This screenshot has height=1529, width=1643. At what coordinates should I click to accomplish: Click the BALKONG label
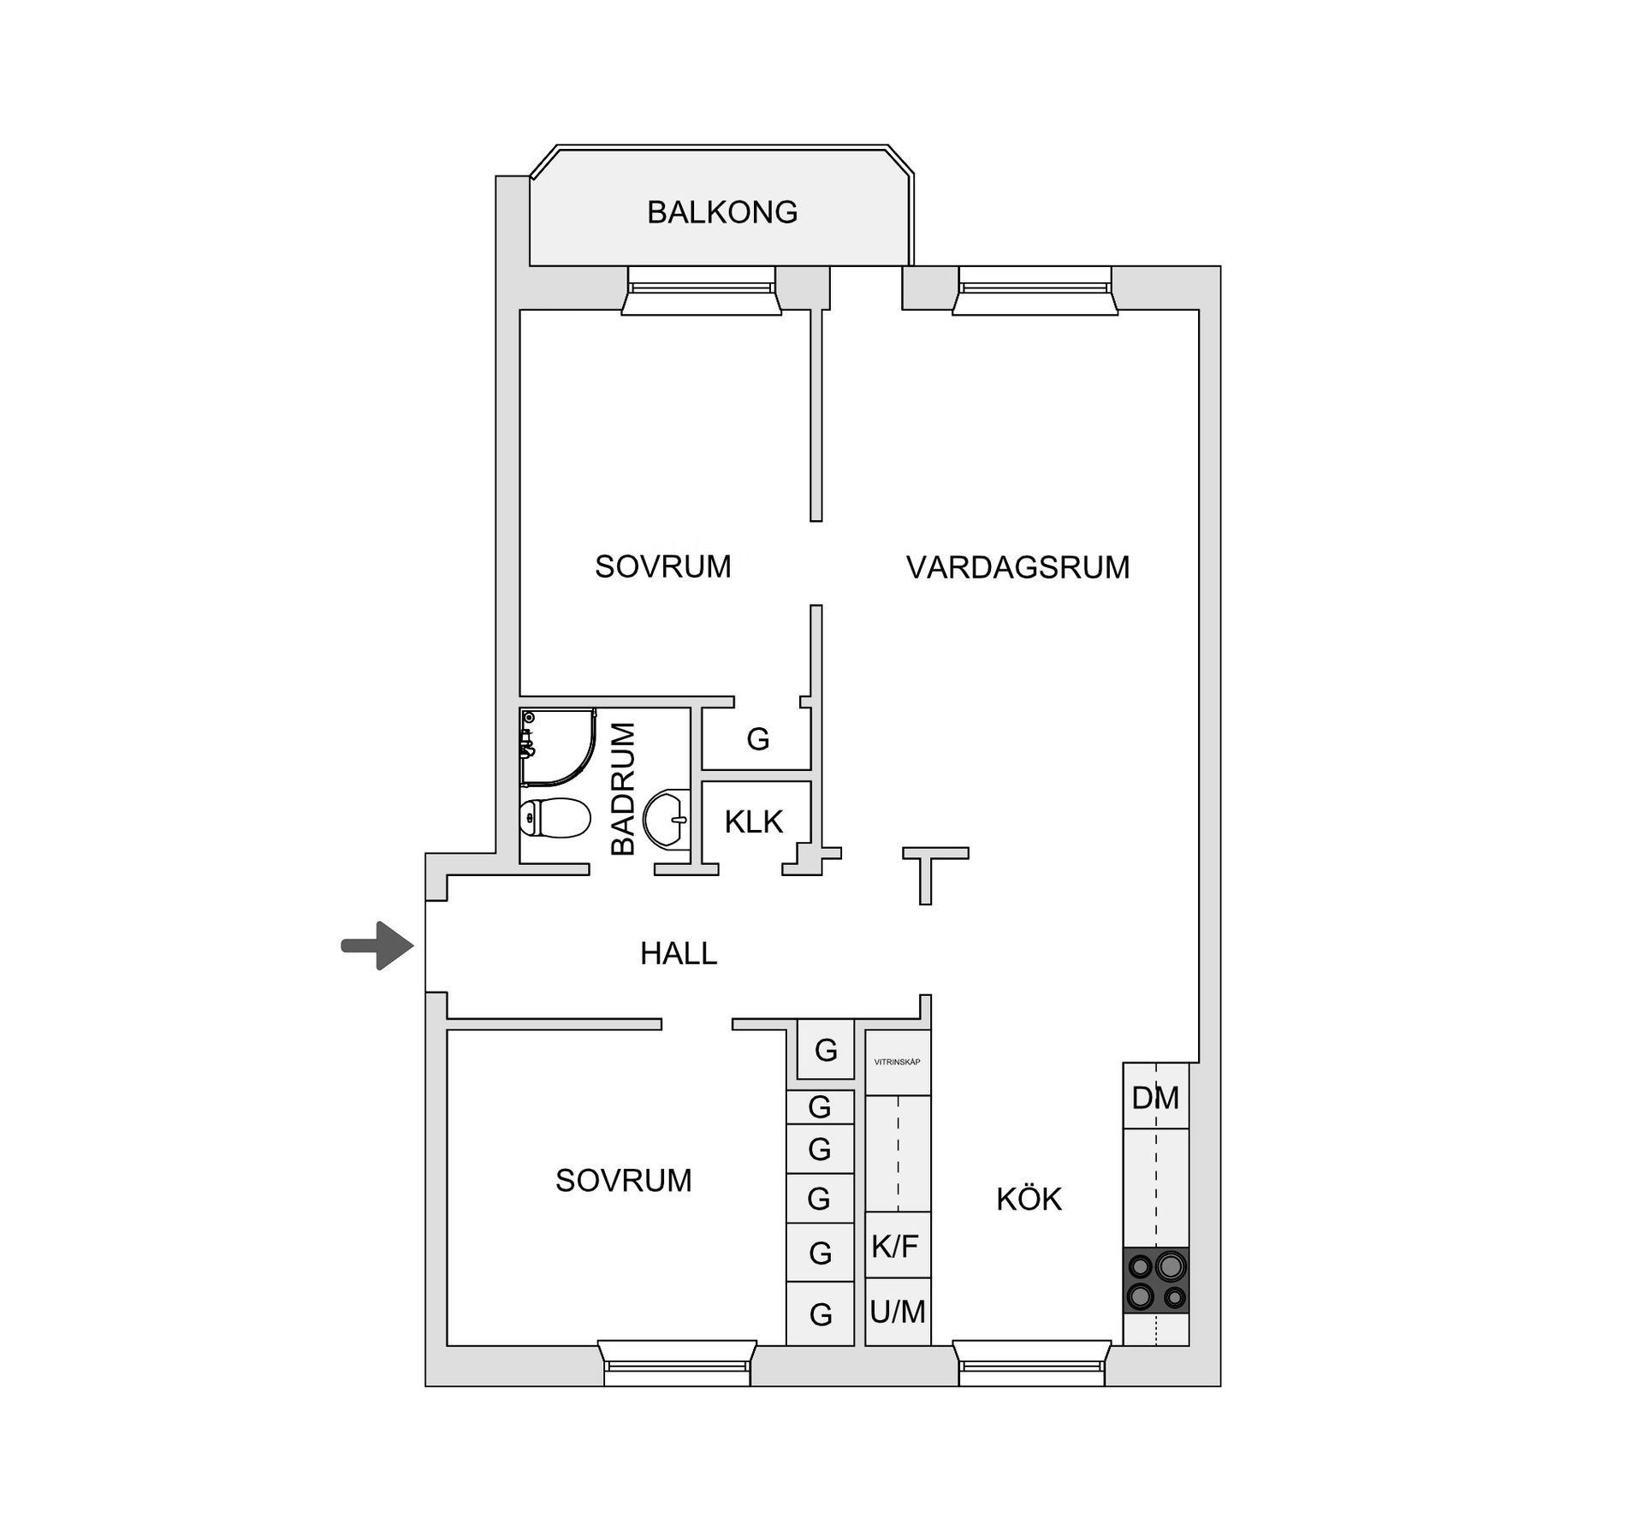click(721, 212)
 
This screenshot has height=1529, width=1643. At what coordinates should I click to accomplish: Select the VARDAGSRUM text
click(1017, 567)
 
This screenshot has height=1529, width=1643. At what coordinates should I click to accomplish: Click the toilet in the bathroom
click(555, 818)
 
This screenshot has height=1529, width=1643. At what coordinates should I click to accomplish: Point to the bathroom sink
click(667, 818)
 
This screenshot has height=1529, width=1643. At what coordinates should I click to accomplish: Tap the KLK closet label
click(753, 821)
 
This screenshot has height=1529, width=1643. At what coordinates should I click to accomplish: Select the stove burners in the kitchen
click(1156, 1280)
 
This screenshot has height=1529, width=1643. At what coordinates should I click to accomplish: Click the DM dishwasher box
click(1155, 1097)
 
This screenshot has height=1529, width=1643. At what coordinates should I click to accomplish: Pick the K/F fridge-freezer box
click(896, 1246)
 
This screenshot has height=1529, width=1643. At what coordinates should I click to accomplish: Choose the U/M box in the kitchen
click(897, 1311)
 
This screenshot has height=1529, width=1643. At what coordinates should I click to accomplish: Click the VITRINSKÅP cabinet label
click(897, 1063)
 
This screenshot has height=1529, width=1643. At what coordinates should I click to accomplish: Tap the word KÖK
click(1029, 1200)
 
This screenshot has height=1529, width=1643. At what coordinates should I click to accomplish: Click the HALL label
click(679, 953)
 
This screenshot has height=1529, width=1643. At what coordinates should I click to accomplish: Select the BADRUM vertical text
click(624, 789)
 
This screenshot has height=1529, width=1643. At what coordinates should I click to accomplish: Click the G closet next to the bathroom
click(757, 738)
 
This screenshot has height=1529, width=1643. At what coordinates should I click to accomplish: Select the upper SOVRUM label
click(662, 566)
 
